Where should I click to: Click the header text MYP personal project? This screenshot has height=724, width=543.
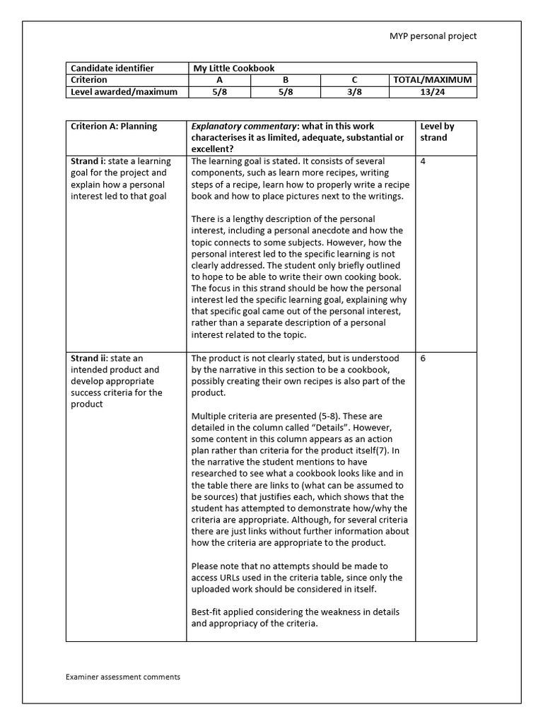(433, 36)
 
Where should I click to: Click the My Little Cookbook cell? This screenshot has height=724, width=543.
(234, 69)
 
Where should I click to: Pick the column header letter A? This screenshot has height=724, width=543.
(219, 81)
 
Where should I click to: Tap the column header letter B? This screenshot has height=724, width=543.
(286, 81)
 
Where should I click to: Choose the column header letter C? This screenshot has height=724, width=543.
(354, 81)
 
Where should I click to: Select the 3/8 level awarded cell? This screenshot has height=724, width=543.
(354, 92)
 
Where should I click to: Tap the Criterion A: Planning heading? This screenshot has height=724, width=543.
(114, 127)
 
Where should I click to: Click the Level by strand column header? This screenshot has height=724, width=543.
(437, 132)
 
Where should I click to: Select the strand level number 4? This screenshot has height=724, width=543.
(423, 161)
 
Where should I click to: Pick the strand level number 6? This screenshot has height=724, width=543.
(423, 358)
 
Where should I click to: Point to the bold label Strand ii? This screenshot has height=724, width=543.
(89, 358)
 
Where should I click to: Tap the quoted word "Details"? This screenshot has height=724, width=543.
(363, 428)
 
